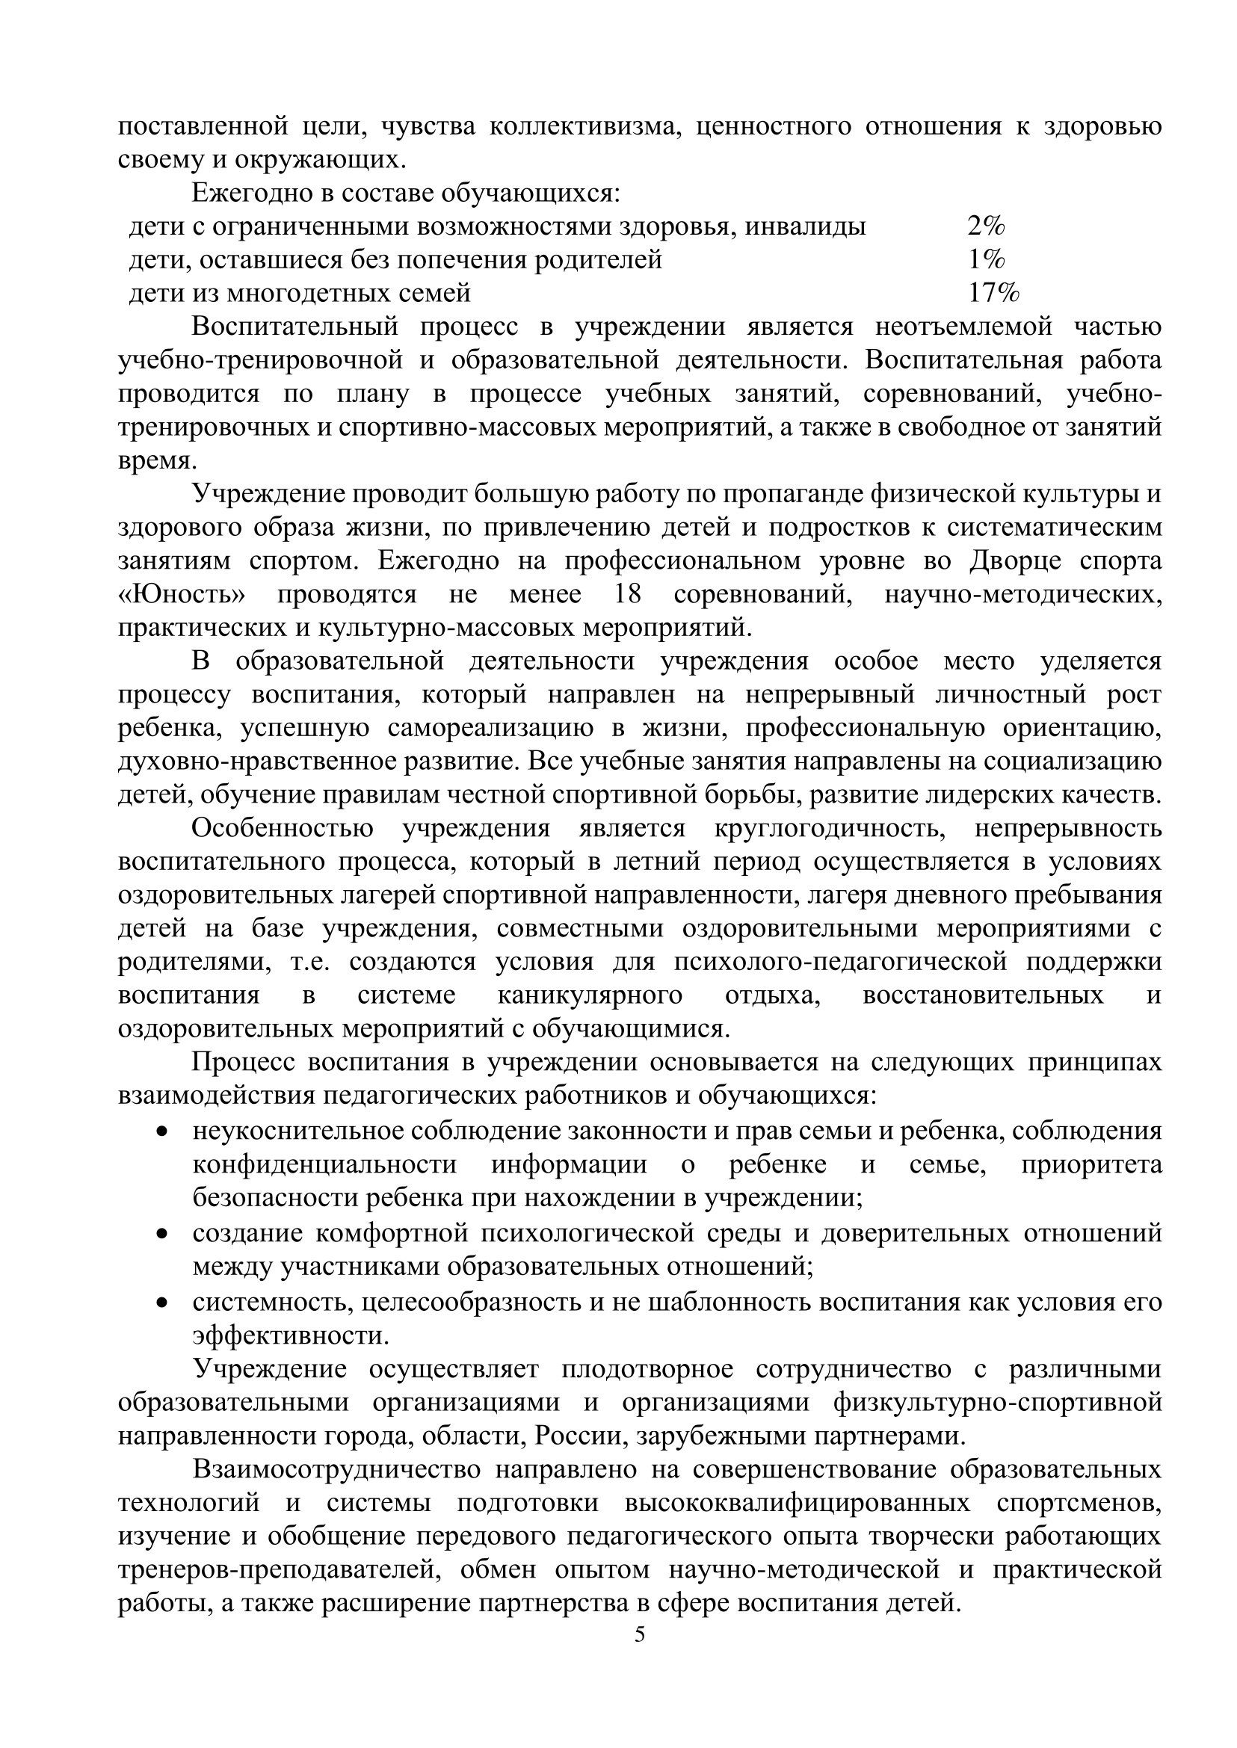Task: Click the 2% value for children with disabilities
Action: tap(986, 226)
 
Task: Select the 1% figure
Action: tap(986, 260)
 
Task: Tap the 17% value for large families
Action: tap(993, 292)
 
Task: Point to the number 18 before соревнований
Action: tap(628, 594)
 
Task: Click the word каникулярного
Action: tap(590, 995)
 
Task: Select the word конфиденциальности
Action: tap(324, 1164)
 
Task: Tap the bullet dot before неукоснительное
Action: tap(161, 1133)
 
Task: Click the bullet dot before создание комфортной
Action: tap(161, 1232)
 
